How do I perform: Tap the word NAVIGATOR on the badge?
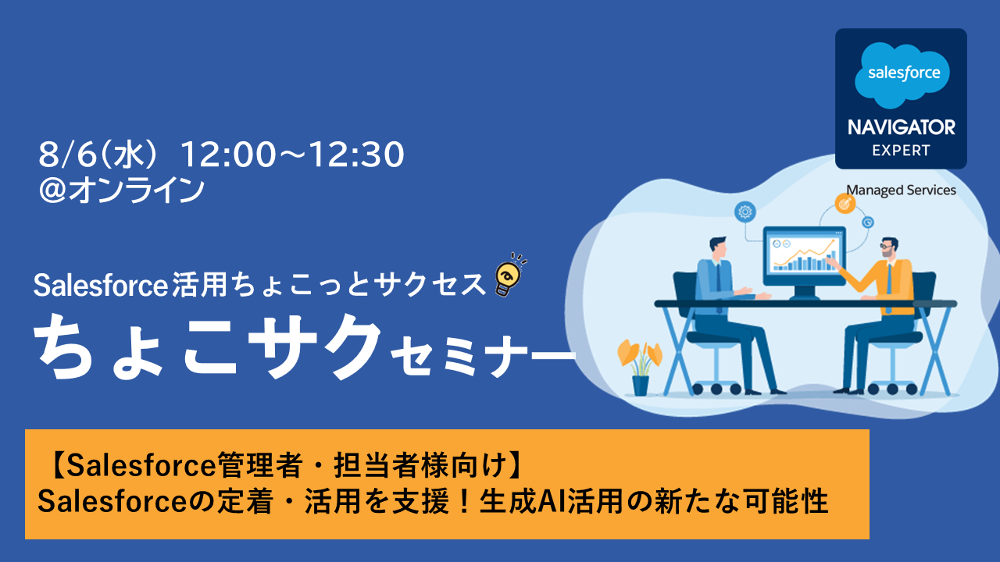pyautogui.click(x=902, y=127)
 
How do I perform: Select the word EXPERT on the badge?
pyautogui.click(x=902, y=151)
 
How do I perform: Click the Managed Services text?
pyautogui.click(x=901, y=190)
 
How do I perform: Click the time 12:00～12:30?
pyautogui.click(x=291, y=155)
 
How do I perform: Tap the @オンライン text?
pyautogui.click(x=121, y=190)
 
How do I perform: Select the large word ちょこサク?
pyautogui.click(x=208, y=347)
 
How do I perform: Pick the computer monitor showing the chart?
pyautogui.click(x=804, y=261)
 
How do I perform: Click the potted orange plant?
pyautogui.click(x=640, y=367)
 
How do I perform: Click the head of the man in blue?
pyautogui.click(x=719, y=248)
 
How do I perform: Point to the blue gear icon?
pyautogui.click(x=745, y=212)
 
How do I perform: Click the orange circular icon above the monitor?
pyautogui.click(x=845, y=205)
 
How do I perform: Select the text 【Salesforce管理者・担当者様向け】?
pyautogui.click(x=287, y=465)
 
